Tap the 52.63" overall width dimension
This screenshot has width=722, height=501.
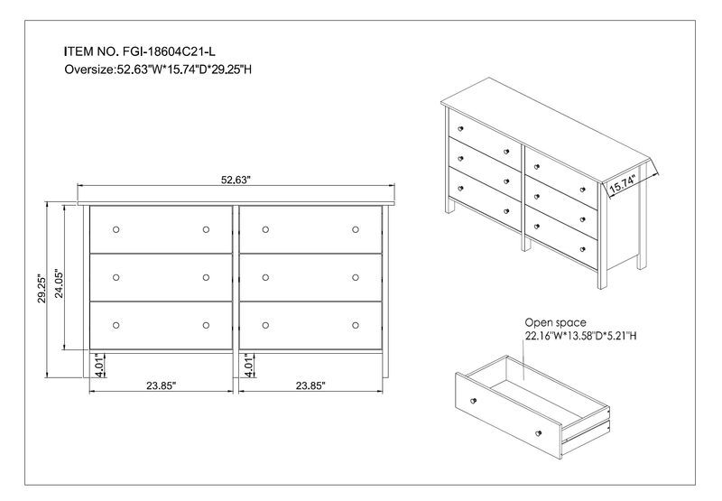tap(236, 180)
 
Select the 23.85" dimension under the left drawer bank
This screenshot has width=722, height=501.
tap(160, 385)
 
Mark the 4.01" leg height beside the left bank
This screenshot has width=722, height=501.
tap(97, 365)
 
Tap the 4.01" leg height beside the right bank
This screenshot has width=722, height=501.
tap(247, 365)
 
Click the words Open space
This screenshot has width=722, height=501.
tap(555, 322)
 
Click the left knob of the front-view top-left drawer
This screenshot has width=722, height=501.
tap(116, 229)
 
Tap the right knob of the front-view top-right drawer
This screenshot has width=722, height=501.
tap(356, 229)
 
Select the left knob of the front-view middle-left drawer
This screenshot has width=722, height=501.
tap(116, 277)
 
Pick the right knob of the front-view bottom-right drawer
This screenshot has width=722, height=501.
tap(356, 324)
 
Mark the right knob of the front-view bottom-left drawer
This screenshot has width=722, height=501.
tap(206, 324)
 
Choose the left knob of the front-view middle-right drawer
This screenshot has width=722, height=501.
tap(265, 277)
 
